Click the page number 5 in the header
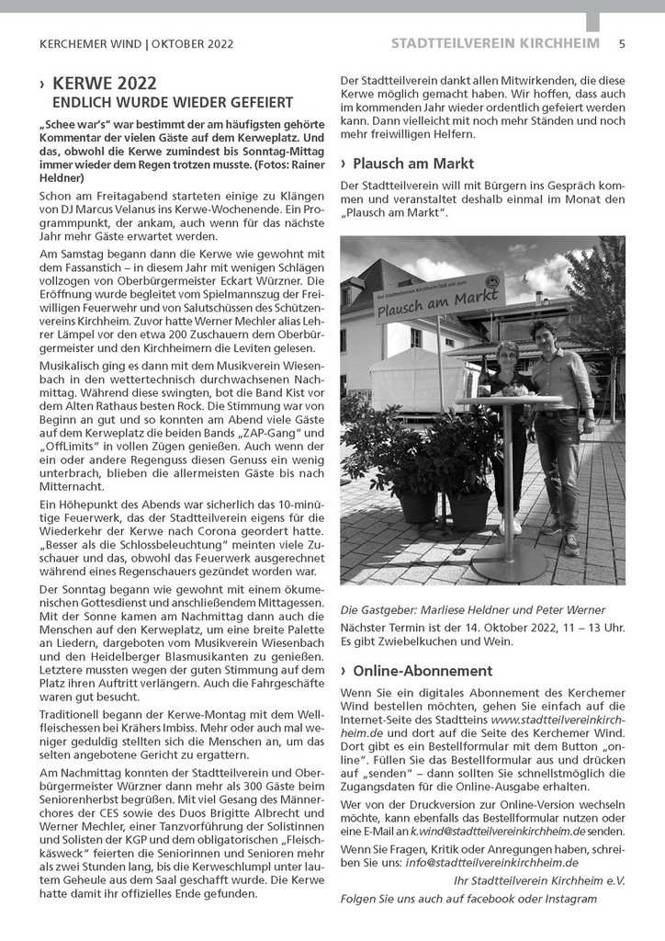(622, 43)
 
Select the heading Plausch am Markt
(400, 164)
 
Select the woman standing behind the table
(509, 432)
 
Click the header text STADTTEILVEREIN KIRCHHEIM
(495, 43)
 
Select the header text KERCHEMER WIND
(91, 43)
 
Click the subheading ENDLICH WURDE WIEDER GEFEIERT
(173, 103)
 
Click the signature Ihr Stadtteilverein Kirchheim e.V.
(539, 879)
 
